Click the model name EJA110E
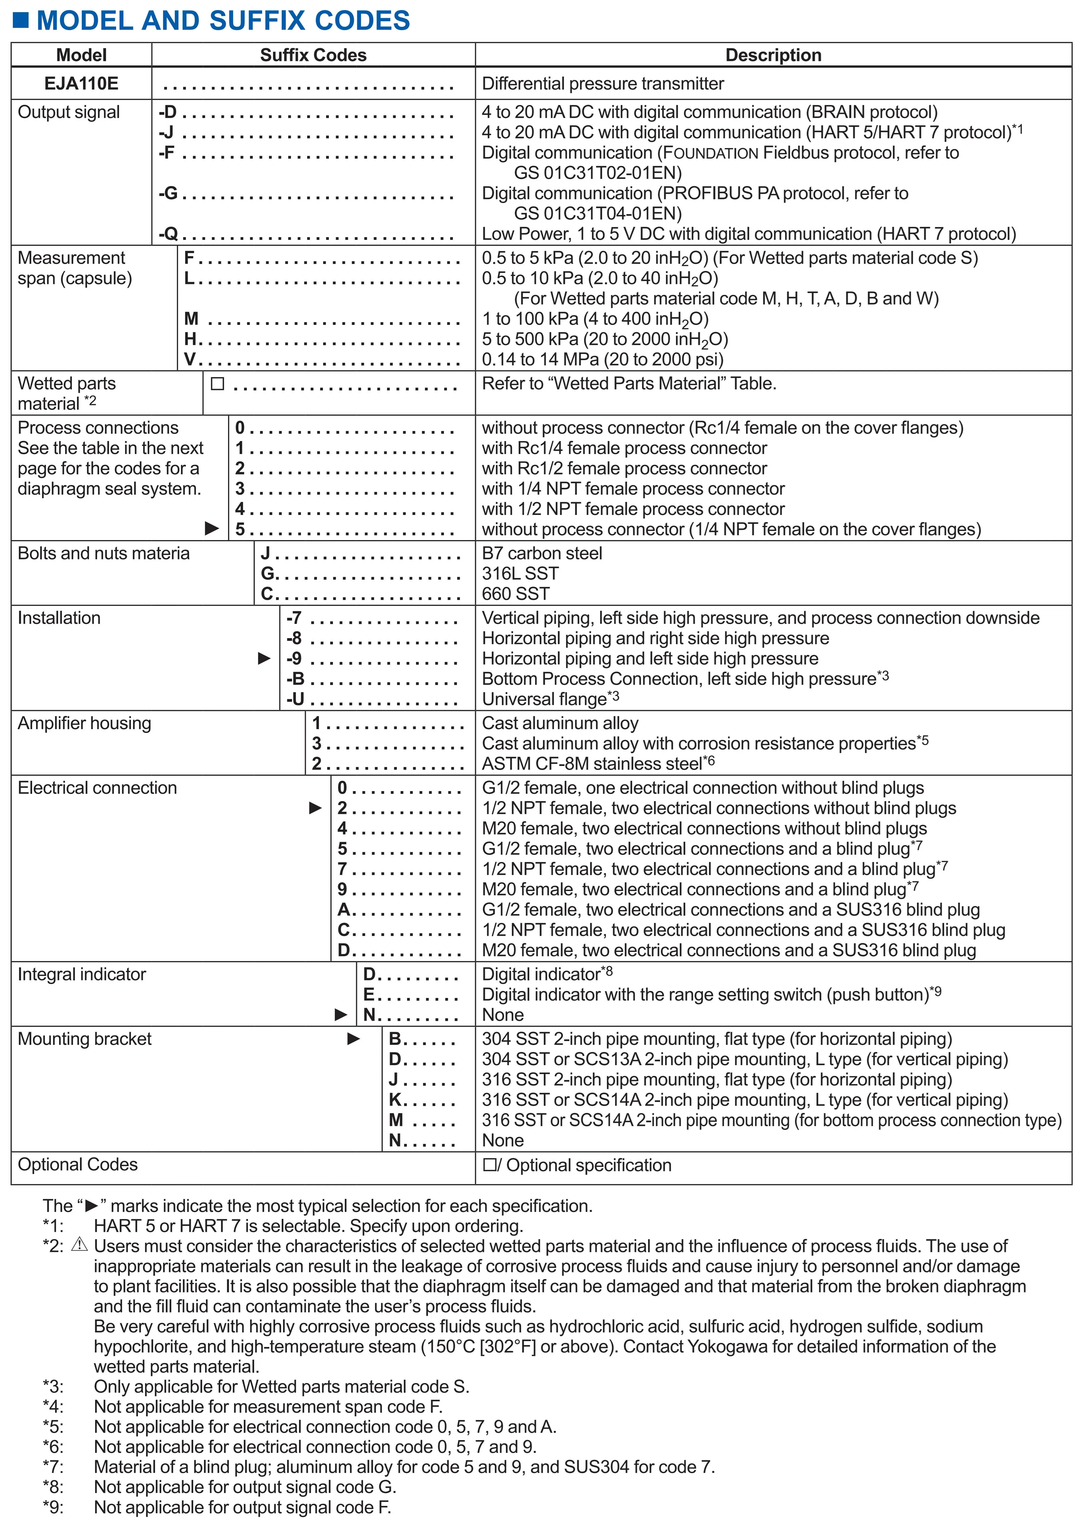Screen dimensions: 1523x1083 (81, 83)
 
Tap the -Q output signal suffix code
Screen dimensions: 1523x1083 (169, 234)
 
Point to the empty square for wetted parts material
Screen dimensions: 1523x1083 (217, 384)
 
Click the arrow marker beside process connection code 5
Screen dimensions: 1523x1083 (212, 529)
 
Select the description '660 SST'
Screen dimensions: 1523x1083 (516, 593)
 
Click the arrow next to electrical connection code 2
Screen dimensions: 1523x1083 (315, 808)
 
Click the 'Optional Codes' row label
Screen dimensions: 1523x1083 (77, 1164)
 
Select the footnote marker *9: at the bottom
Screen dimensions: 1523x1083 (53, 1507)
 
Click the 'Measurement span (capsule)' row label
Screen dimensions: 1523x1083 (75, 268)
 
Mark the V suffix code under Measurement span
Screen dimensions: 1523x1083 (190, 359)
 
